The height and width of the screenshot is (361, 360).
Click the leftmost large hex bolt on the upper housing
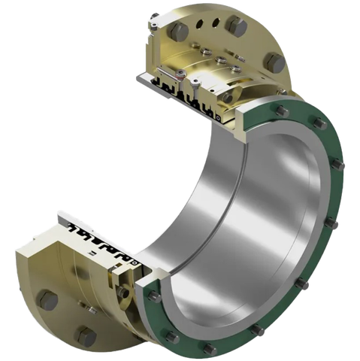tap(181, 29)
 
